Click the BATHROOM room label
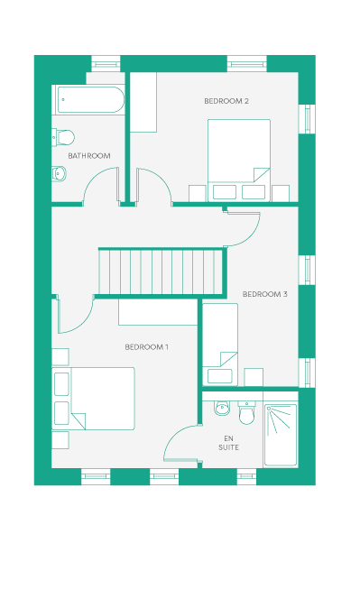coord(89,156)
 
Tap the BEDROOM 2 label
coord(226,101)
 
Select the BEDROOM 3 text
coord(265,294)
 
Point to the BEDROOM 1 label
coord(146,347)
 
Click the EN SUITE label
coord(228,443)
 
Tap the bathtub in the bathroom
coord(90,100)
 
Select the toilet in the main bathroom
coord(63,137)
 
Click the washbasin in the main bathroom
coord(59,173)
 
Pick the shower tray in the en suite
coord(281,435)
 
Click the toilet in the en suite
coord(246,412)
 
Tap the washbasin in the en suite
coord(222,408)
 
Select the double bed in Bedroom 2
coord(239,161)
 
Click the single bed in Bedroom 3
coord(220,344)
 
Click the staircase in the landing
coord(161,272)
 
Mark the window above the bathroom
coord(106,64)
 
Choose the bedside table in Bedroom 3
coord(254,377)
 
